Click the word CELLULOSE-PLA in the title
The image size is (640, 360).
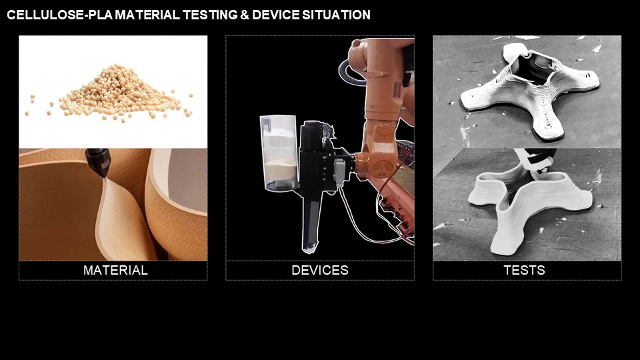tap(59, 15)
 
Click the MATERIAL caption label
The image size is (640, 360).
tap(115, 270)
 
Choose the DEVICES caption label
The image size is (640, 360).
tap(320, 270)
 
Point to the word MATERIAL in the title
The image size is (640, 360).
tap(148, 15)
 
